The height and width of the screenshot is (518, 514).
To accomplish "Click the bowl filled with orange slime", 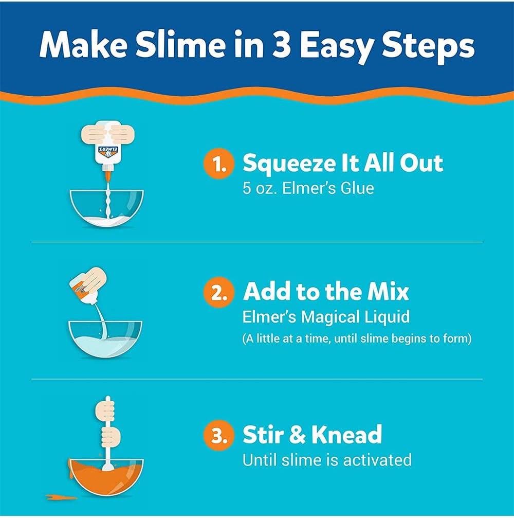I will tap(106, 476).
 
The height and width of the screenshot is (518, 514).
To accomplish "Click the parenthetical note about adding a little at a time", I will tap(356, 339).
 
